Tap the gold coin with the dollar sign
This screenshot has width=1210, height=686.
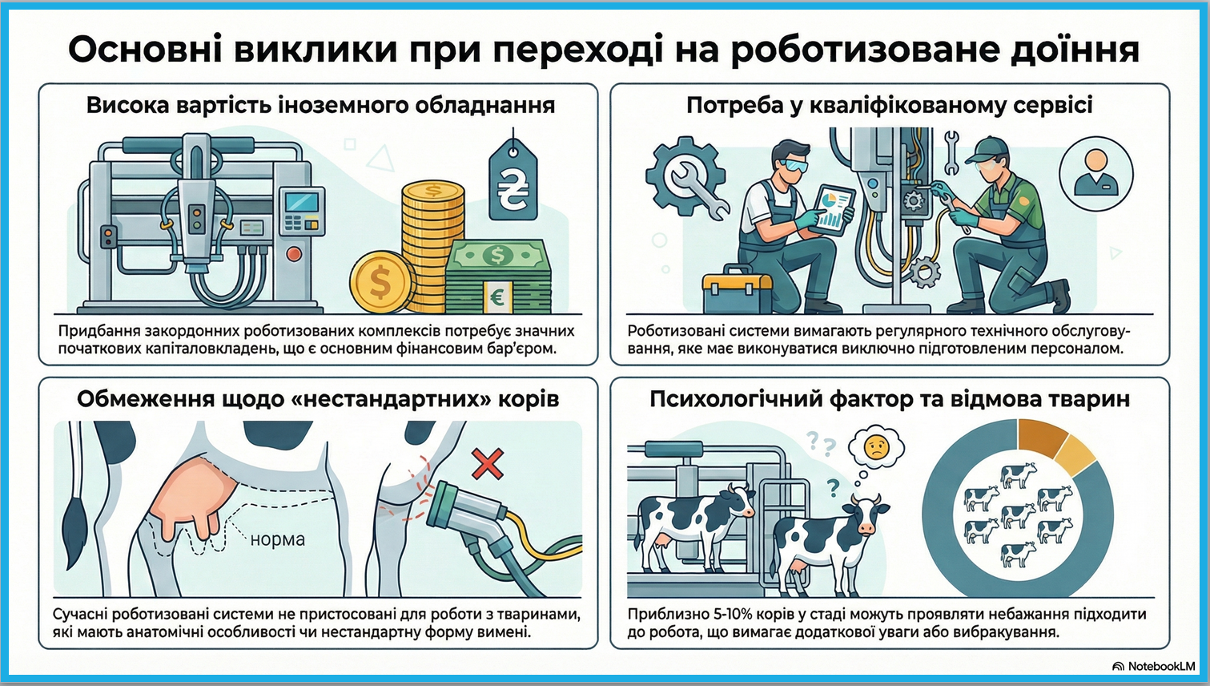coord(381,281)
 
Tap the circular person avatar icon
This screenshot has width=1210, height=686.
coord(1095,174)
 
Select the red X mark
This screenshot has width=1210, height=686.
coord(487,464)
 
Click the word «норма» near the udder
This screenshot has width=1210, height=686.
coord(278,539)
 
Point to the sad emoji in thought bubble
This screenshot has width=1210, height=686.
coord(876,447)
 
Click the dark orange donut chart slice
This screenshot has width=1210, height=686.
coord(1042,438)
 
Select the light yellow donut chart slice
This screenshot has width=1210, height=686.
coord(1075,457)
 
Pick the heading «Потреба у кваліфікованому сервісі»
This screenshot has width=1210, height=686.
coord(889,105)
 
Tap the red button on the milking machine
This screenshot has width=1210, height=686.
coord(294,253)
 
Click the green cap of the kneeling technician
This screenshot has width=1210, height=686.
coord(987,151)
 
